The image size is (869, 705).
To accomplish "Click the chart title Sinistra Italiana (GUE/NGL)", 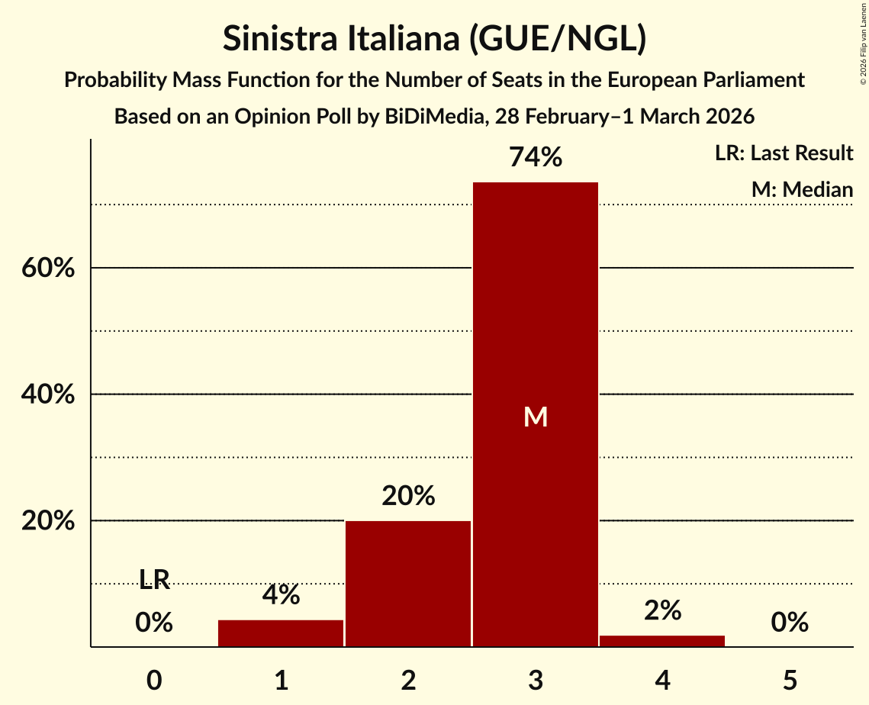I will tap(434, 39).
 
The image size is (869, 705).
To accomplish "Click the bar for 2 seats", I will tap(408, 584).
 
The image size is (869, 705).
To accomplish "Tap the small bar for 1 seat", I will tap(281, 633).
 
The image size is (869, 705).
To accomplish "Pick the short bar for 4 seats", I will tap(662, 641).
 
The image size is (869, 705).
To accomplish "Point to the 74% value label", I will tap(536, 158).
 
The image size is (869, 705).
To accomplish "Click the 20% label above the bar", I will tap(408, 497).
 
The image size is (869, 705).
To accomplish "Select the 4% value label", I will tap(281, 595).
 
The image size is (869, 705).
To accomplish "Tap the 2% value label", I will tap(662, 610).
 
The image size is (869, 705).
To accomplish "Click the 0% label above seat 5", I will tap(790, 623).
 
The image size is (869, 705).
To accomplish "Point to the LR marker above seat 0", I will tap(154, 580).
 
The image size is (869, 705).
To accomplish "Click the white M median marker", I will tap(536, 417).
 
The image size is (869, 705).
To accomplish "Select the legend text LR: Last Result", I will tap(784, 153).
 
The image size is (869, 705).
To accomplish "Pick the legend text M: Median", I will tap(802, 189).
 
